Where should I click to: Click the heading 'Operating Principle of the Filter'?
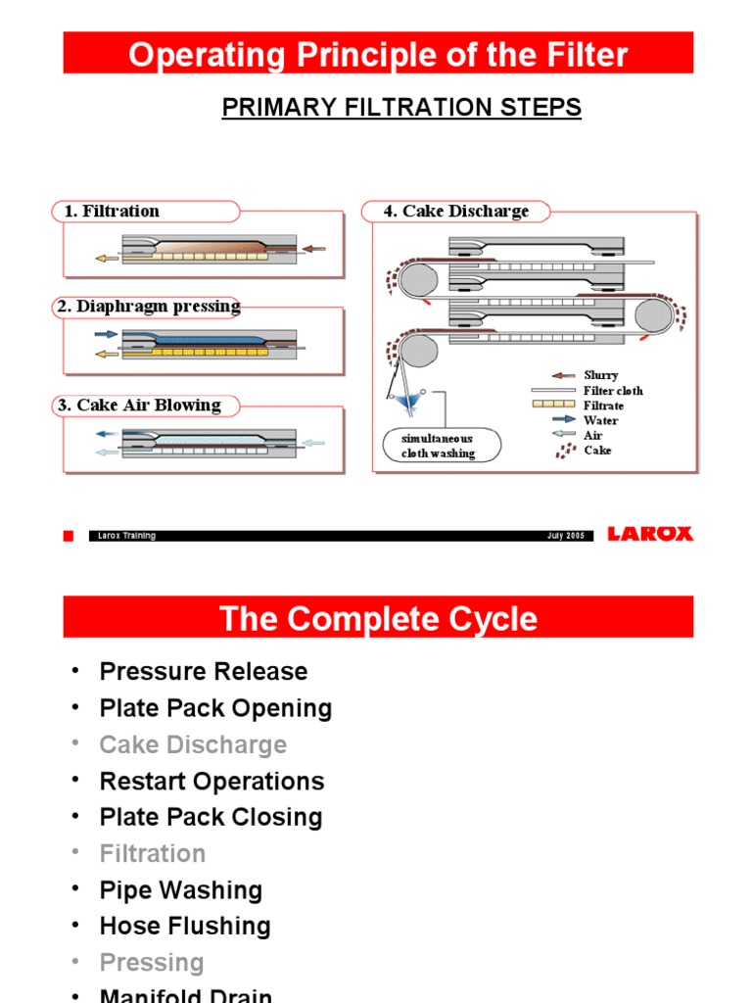[378, 54]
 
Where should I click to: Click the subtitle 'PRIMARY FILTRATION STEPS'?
[401, 108]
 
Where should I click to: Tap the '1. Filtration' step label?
[112, 211]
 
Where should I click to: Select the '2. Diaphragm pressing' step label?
[148, 307]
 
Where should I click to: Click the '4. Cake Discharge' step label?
[455, 211]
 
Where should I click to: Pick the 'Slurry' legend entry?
[600, 375]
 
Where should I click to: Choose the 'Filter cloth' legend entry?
[613, 391]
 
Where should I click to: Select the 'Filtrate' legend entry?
[603, 406]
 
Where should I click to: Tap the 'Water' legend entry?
[600, 420]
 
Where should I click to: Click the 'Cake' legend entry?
[596, 451]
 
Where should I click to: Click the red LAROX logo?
[650, 534]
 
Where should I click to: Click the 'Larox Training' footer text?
[127, 536]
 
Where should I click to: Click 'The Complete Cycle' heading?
[378, 619]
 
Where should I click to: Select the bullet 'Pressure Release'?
[204, 672]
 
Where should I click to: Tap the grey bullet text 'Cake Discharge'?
[193, 744]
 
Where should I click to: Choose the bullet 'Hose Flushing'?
[185, 926]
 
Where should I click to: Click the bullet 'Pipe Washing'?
[181, 889]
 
